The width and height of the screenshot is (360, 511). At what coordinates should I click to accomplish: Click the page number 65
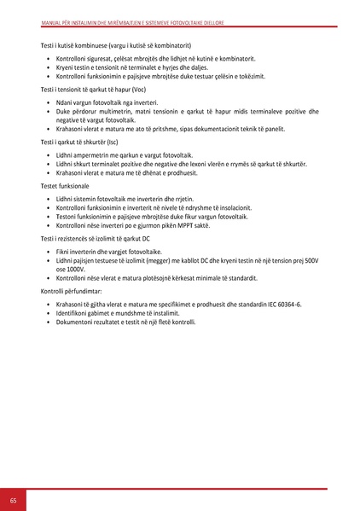tap(13, 499)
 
